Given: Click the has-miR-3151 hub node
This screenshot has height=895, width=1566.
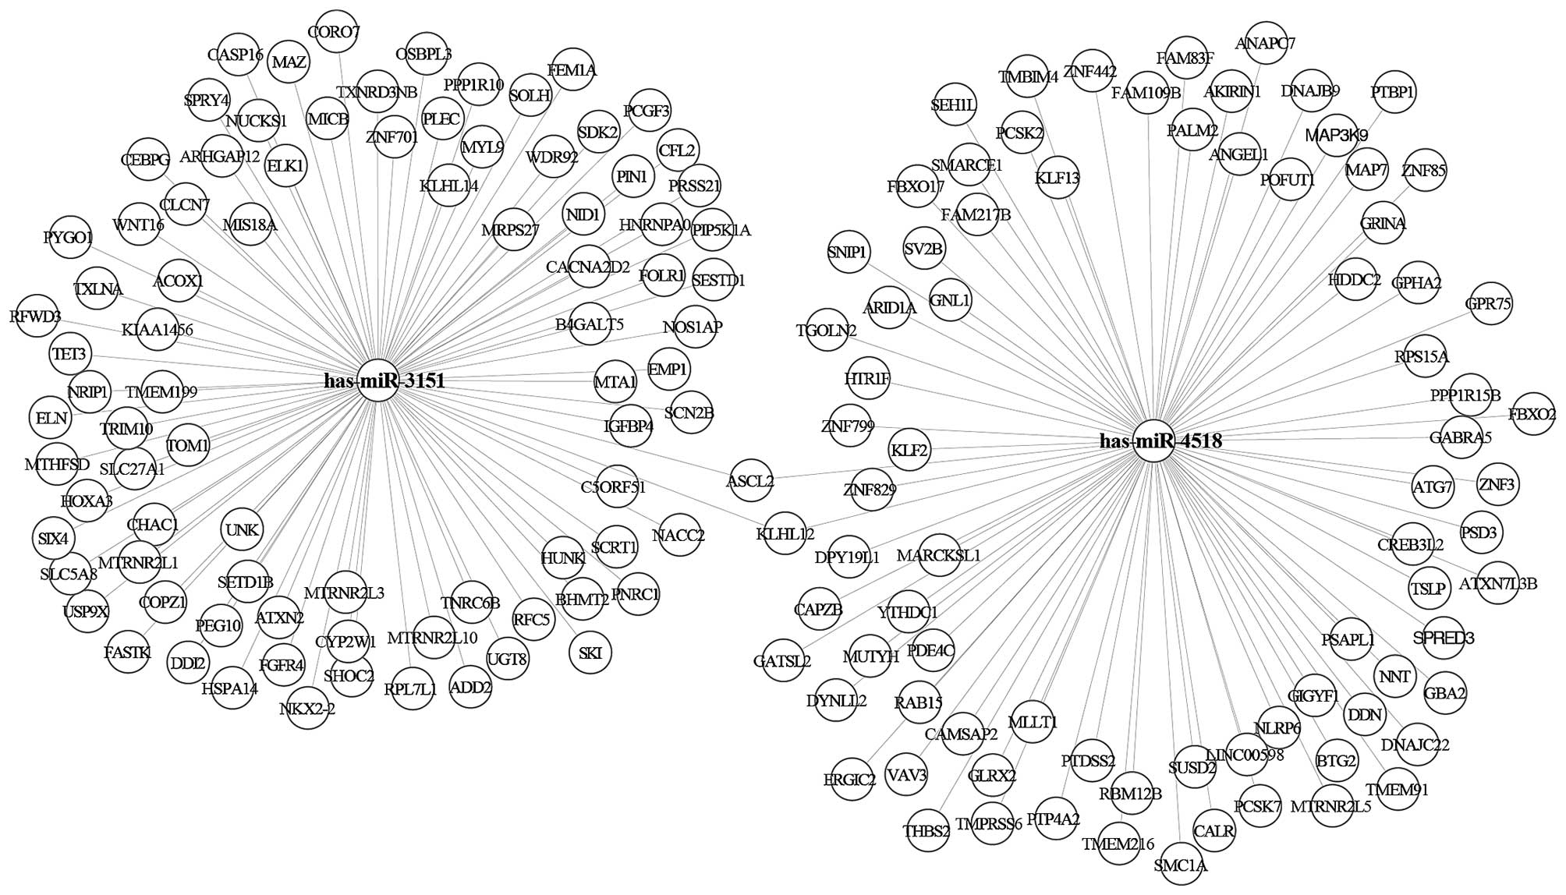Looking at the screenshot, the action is (x=378, y=381).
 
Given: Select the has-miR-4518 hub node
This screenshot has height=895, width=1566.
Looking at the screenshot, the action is (x=1153, y=441).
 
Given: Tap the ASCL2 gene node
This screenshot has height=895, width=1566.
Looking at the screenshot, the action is (x=749, y=481).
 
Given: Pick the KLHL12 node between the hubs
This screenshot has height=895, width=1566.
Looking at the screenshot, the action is (x=785, y=534).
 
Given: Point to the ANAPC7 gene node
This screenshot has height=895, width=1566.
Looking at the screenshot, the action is (x=1264, y=44).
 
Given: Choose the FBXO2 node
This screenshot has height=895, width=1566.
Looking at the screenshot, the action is (x=1532, y=415).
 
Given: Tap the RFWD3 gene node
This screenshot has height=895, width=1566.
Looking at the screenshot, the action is (x=36, y=317).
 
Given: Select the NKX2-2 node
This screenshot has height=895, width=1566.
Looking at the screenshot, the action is (x=307, y=709).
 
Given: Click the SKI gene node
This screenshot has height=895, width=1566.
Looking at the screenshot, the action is (x=590, y=653).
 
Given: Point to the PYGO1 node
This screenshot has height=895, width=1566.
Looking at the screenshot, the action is (x=69, y=237).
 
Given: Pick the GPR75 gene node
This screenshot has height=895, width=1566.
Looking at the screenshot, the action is (x=1488, y=304).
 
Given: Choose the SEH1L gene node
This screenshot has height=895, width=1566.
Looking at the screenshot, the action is (x=954, y=105).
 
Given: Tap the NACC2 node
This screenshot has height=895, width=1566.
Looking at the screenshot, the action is (x=678, y=536).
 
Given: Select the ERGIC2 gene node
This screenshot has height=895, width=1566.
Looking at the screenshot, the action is (x=850, y=779).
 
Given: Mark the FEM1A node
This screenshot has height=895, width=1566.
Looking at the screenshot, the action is (x=572, y=70).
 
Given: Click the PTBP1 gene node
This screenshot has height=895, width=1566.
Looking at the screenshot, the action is (x=1393, y=93).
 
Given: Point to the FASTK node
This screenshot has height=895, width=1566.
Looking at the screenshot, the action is (x=127, y=652).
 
